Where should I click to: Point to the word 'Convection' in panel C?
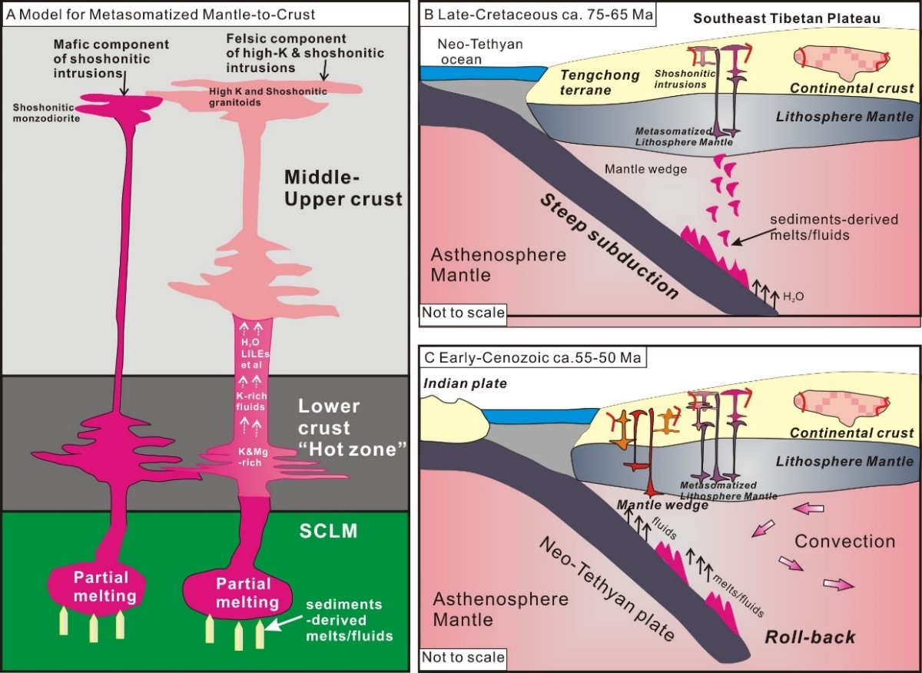click(x=845, y=541)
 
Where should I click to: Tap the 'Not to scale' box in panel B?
click(x=463, y=312)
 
